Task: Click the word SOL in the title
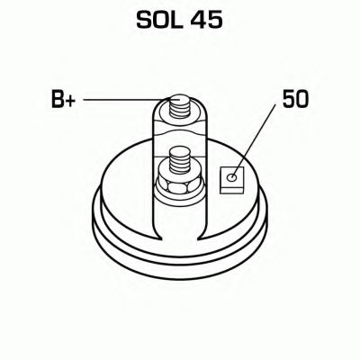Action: [x=159, y=20]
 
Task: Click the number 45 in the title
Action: [x=207, y=20]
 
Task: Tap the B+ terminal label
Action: [x=63, y=99]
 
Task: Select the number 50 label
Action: [x=295, y=99]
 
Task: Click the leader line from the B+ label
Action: [x=123, y=100]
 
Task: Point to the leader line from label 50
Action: [x=254, y=140]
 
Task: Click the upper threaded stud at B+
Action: [x=179, y=106]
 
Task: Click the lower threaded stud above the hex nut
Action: [x=179, y=160]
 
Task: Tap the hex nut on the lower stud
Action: [x=179, y=185]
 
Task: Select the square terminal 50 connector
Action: [x=232, y=180]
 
